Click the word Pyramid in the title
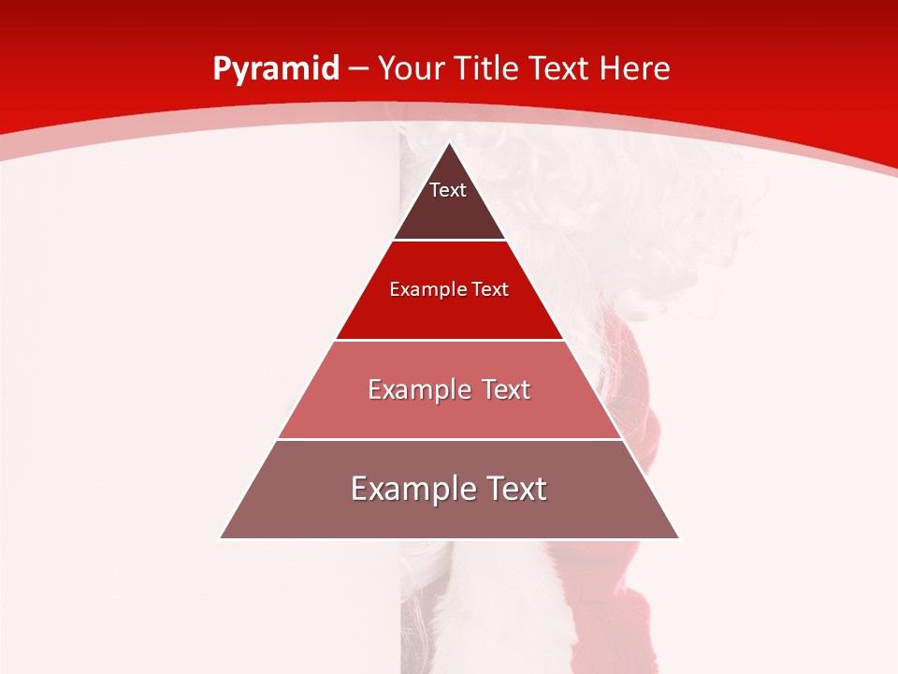(276, 69)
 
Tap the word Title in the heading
(489, 69)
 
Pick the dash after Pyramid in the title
(358, 70)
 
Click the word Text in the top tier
(448, 190)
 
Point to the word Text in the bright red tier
(490, 289)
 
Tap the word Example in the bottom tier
(409, 489)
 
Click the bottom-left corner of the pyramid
(220, 538)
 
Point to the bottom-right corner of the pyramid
(679, 538)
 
